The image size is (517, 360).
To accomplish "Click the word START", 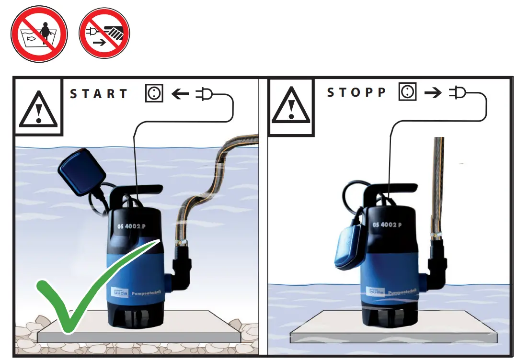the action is [99, 94].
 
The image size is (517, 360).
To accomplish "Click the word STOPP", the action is [356, 92].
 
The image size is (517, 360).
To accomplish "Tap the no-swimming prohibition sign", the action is [39, 34].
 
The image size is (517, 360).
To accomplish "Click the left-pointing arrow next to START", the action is [180, 94].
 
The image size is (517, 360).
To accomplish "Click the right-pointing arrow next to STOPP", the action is [433, 93].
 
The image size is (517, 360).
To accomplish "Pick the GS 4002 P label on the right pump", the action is [387, 225].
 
